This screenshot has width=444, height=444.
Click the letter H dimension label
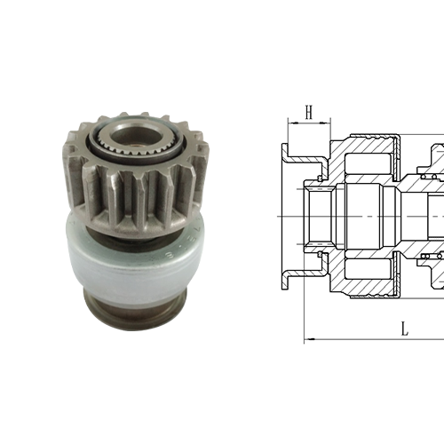pyautogui.click(x=308, y=112)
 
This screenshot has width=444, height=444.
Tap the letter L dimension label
pyautogui.click(x=405, y=328)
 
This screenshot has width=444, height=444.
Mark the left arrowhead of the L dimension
pyautogui.click(x=309, y=338)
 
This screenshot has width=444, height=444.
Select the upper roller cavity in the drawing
pyautogui.click(x=363, y=165)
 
